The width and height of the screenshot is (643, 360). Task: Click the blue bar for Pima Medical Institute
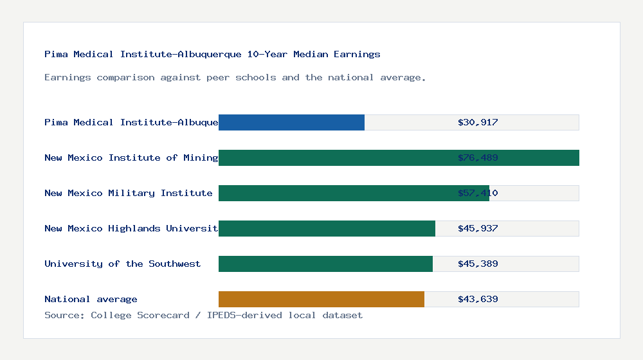pyautogui.click(x=291, y=122)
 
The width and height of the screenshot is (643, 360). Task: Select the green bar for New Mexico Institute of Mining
pyautogui.click(x=399, y=157)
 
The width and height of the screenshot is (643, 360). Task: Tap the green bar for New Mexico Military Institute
pyautogui.click(x=354, y=193)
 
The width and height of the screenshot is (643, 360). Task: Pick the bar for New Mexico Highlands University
pyautogui.click(x=327, y=228)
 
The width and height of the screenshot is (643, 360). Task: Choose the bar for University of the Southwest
pyautogui.click(x=325, y=264)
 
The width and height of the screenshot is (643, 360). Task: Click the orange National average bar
pyautogui.click(x=321, y=299)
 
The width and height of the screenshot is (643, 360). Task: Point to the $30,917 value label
pyautogui.click(x=478, y=122)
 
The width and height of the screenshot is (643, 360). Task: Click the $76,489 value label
pyautogui.click(x=478, y=157)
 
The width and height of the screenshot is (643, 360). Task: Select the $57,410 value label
pyautogui.click(x=478, y=193)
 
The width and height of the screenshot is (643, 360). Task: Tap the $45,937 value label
pyautogui.click(x=478, y=228)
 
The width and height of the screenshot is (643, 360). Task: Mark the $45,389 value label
pyautogui.click(x=478, y=264)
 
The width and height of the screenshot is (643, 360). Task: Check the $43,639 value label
pyautogui.click(x=478, y=299)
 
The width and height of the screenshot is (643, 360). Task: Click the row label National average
pyautogui.click(x=91, y=299)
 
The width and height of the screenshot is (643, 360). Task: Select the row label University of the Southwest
pyautogui.click(x=122, y=264)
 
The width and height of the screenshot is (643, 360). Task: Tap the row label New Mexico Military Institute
pyautogui.click(x=128, y=193)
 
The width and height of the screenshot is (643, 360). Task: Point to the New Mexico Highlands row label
pyautogui.click(x=131, y=228)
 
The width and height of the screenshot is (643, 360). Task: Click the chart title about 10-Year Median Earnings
pyautogui.click(x=212, y=54)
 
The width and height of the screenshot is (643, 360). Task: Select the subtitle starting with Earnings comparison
pyautogui.click(x=235, y=77)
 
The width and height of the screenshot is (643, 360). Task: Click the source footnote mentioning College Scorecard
pyautogui.click(x=203, y=315)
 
